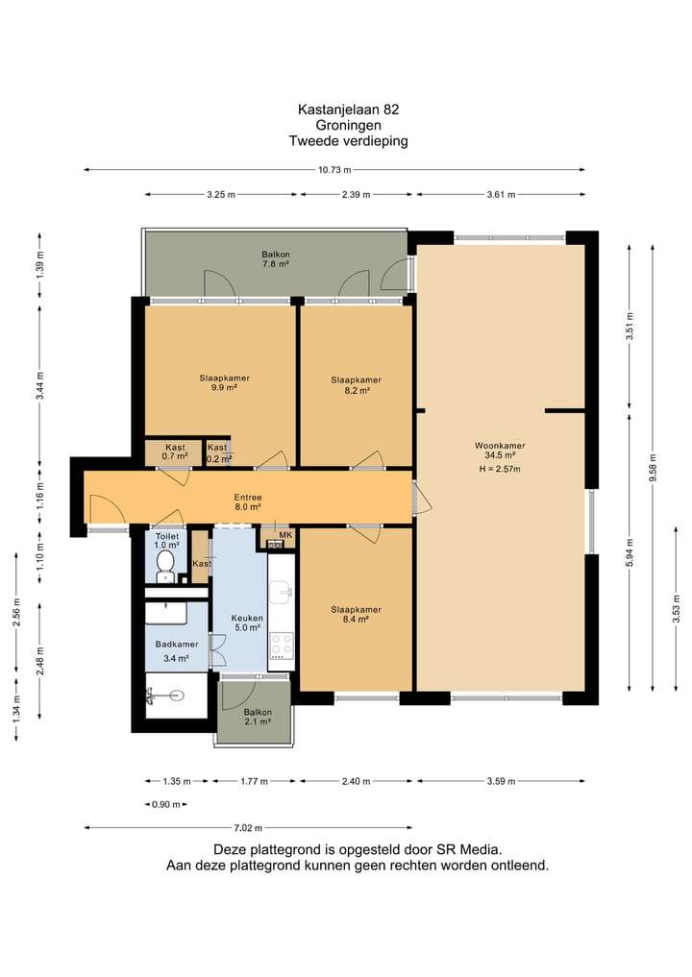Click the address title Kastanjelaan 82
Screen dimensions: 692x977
(x=349, y=110)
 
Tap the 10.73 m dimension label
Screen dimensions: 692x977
(x=334, y=169)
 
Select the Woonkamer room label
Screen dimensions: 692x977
(x=500, y=446)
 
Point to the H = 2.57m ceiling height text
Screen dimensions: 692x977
(x=500, y=469)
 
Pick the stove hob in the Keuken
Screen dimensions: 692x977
(x=282, y=647)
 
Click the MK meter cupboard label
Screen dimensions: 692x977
(x=285, y=534)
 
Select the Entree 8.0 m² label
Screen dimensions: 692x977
(x=248, y=502)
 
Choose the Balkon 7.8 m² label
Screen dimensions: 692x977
(x=275, y=259)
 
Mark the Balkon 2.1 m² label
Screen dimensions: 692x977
(x=258, y=717)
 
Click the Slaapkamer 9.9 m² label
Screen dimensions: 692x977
(x=225, y=382)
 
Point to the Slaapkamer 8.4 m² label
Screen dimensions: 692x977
(x=356, y=615)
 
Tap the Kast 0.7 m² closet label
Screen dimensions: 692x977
(x=175, y=452)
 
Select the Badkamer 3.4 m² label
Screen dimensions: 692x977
(x=177, y=651)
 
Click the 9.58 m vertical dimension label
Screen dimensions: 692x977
(x=653, y=468)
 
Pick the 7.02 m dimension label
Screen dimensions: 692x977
(x=248, y=828)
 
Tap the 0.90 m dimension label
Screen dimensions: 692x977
(x=166, y=804)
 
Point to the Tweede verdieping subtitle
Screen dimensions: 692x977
(x=349, y=141)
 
